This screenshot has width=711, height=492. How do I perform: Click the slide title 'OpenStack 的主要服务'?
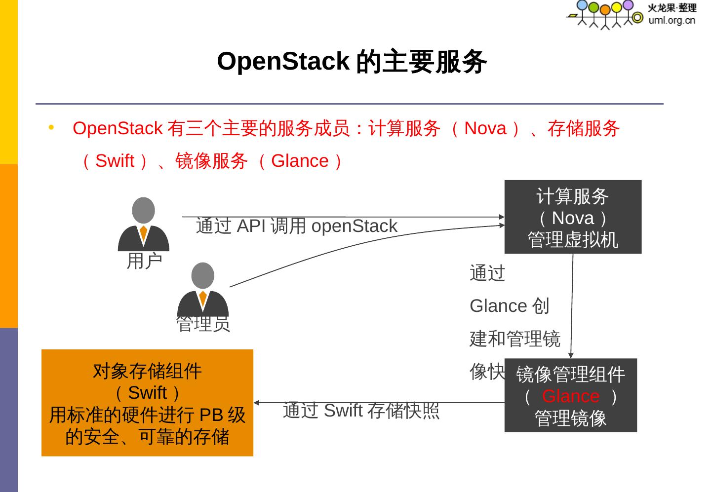point(352,62)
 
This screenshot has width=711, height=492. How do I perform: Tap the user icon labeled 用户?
point(143,225)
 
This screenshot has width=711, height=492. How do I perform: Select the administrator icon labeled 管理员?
point(202,290)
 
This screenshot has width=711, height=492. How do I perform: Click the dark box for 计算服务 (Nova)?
point(573,217)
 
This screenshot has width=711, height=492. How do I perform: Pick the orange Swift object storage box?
point(147,403)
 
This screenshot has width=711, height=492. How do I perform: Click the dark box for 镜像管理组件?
point(570,395)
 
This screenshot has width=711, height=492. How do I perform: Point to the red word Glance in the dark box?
point(570,396)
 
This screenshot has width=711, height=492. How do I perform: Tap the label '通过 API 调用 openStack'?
point(296,226)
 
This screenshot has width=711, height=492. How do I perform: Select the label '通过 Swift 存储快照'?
point(361,411)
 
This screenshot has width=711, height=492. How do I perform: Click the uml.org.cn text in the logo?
point(671,20)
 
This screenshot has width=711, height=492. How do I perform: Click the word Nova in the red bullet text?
point(485,128)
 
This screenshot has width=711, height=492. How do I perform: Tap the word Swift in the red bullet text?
point(115,161)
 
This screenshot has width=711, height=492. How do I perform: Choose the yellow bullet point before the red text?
point(51,128)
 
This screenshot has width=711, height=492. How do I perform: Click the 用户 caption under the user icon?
point(144,261)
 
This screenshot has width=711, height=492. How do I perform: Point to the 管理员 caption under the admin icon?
point(203,324)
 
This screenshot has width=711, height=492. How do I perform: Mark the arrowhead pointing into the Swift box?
point(257,403)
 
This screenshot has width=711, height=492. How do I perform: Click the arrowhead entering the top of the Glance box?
point(571,355)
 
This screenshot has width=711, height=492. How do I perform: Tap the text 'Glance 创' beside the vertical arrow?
point(509,306)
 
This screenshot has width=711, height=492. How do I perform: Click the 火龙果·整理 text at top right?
point(671,8)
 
